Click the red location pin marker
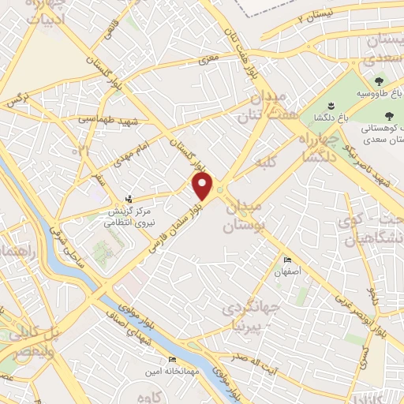[x=203, y=187]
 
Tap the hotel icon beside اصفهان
[x=287, y=260]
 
